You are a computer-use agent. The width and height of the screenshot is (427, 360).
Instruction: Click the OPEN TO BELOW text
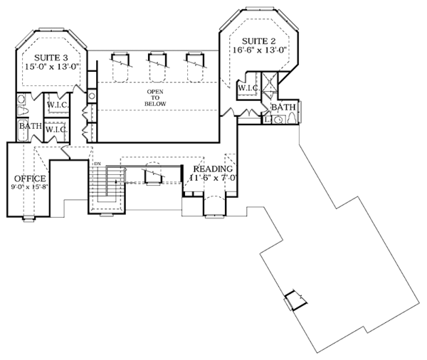click(157, 98)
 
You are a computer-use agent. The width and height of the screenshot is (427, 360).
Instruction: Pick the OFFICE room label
click(29, 179)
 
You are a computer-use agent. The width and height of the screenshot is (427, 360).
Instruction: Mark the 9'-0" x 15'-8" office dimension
click(29, 189)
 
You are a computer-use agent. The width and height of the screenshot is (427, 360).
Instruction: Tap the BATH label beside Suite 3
click(30, 127)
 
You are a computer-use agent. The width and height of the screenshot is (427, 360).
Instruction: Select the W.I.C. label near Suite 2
click(247, 88)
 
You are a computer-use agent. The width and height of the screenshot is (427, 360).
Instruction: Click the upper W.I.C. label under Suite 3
click(57, 105)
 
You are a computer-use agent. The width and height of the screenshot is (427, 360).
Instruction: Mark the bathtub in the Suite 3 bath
click(21, 132)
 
